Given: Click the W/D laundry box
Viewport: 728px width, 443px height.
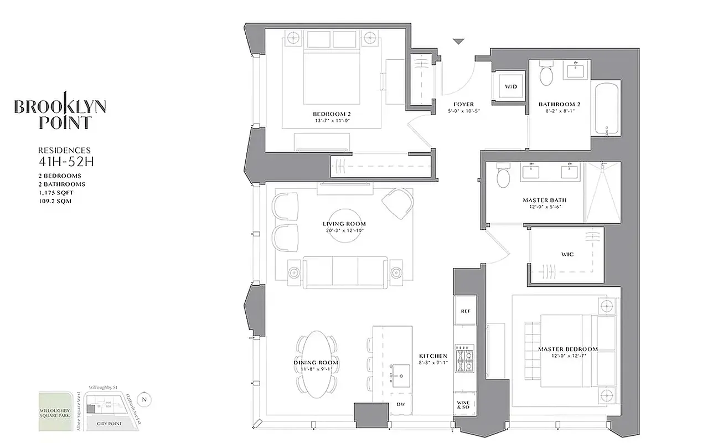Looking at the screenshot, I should coord(508,86).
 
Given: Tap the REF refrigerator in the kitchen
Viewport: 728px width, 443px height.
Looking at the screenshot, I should coord(465,312).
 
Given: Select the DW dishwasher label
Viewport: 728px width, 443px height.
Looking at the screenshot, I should coord(401,404).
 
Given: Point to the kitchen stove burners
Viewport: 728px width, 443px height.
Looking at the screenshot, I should coord(465,358).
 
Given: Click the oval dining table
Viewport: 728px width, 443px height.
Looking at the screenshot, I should coord(316,363).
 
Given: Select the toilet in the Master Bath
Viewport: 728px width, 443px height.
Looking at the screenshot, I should coord(504,176).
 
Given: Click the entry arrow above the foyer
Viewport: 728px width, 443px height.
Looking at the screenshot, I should coord(458,42).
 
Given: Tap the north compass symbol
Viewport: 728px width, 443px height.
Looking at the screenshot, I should coord(144,399).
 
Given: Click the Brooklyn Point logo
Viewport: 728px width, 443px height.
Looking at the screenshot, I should coord(60,111).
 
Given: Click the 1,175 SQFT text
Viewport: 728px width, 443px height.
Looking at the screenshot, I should coord(56,192).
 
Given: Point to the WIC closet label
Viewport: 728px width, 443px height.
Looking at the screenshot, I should coord(567,255).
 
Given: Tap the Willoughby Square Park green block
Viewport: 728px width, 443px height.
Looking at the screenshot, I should coord(56,412).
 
